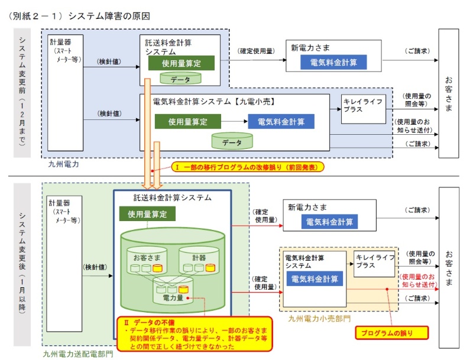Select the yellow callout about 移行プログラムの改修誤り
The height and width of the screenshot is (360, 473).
pyautogui.click(x=248, y=168)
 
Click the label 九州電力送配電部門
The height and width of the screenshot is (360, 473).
pyautogui.click(x=77, y=354)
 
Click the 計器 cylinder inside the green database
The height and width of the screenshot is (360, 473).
pyautogui.click(x=199, y=261)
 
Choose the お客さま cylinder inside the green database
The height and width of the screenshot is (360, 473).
pyautogui.click(x=144, y=261)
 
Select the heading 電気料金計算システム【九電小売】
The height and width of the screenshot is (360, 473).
pyautogui.click(x=215, y=102)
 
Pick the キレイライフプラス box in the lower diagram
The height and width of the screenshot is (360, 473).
pyautogui.click(x=375, y=262)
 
